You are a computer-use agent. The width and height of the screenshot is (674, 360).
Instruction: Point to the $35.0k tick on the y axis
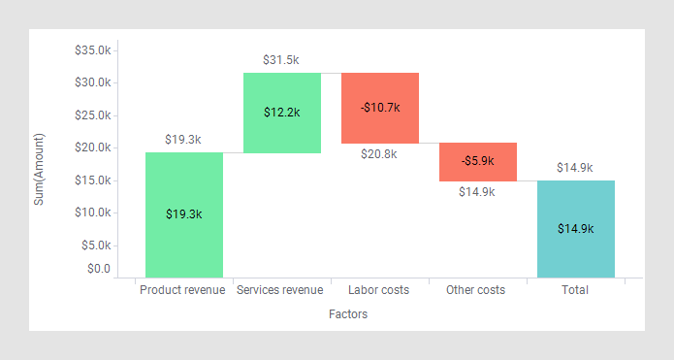click(x=93, y=49)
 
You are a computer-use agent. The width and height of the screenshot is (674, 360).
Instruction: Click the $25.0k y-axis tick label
click(x=93, y=115)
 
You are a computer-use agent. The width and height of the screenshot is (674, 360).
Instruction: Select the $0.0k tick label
click(x=98, y=269)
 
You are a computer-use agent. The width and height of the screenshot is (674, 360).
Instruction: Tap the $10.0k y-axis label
click(x=93, y=213)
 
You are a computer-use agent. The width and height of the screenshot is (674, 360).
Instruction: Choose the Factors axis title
click(x=348, y=314)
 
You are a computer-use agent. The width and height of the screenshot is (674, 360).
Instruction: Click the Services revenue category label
click(x=279, y=290)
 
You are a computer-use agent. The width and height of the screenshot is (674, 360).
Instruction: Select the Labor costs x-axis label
click(x=378, y=290)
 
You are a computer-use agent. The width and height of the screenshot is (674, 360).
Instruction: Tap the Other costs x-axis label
click(x=475, y=290)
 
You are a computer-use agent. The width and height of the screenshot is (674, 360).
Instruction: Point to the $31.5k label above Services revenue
click(x=281, y=60)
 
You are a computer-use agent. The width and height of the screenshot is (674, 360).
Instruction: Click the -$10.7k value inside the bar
click(x=379, y=107)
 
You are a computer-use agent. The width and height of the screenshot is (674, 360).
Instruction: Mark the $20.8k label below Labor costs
click(x=378, y=154)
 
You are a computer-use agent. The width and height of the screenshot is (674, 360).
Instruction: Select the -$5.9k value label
click(x=477, y=160)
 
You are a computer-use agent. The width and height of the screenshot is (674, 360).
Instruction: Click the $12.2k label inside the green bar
click(x=281, y=112)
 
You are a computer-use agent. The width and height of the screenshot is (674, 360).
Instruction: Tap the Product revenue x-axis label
click(x=182, y=290)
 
